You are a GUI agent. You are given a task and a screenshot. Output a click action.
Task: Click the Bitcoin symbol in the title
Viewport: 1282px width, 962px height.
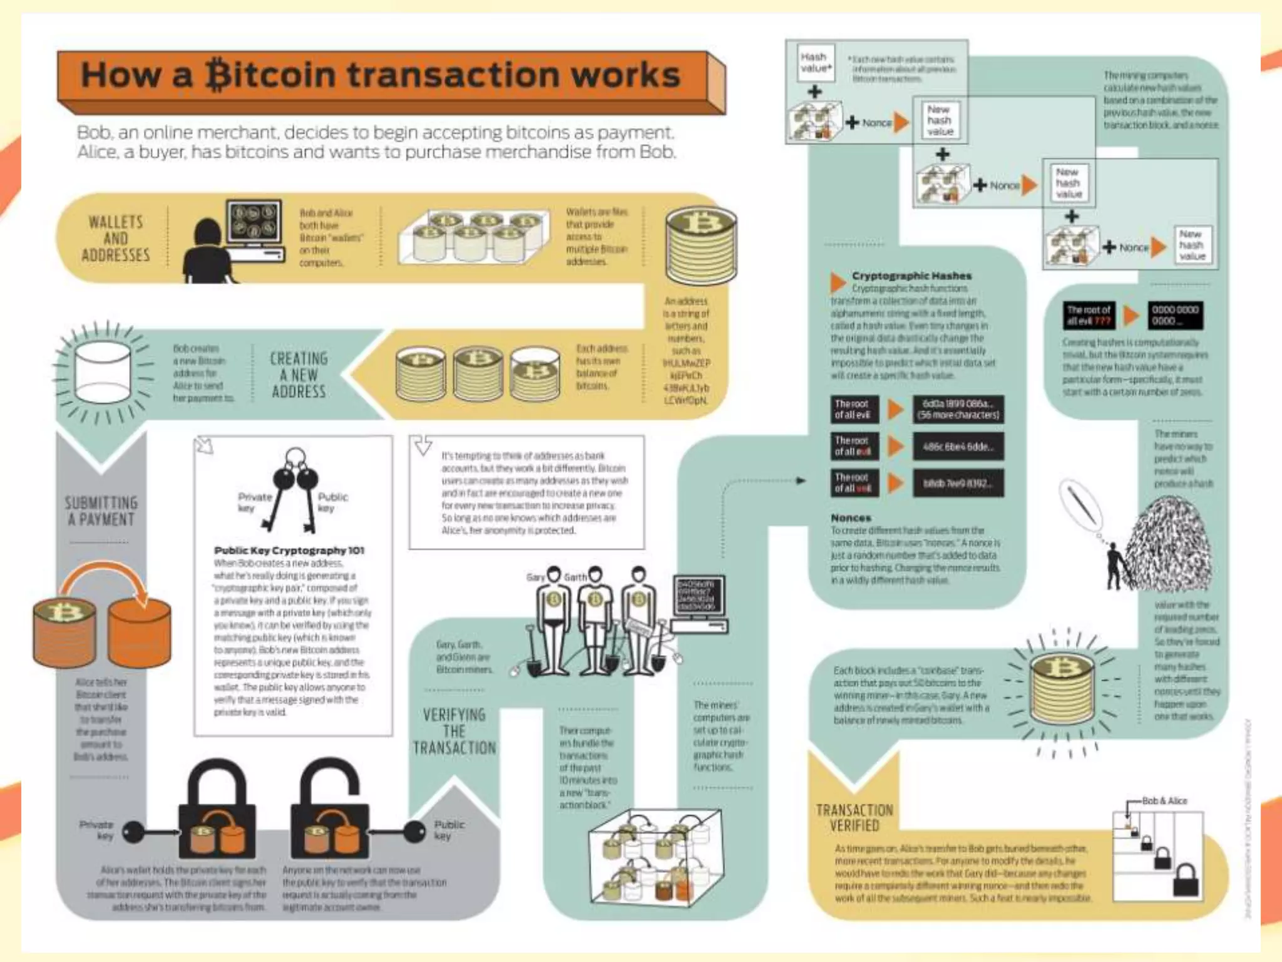click(217, 75)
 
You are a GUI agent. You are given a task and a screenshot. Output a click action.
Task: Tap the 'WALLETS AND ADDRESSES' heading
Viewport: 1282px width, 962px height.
click(116, 239)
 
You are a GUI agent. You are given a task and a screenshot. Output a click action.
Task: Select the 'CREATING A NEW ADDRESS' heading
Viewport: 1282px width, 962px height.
click(299, 375)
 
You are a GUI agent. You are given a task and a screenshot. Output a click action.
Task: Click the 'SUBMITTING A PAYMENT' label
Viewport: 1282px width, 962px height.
click(101, 511)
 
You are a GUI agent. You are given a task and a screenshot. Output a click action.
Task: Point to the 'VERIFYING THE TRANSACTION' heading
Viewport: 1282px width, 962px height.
click(454, 731)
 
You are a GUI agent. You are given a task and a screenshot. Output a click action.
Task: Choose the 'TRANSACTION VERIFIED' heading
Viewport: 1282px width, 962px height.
click(854, 817)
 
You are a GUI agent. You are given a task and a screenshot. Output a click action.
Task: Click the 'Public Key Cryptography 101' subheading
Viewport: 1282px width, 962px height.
click(289, 551)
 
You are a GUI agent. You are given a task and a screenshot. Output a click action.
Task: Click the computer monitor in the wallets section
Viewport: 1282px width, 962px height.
click(254, 221)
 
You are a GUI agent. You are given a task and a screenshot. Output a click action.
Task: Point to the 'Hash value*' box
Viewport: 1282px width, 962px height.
click(815, 62)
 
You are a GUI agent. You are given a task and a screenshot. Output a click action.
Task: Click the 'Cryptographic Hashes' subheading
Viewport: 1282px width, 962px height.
click(911, 276)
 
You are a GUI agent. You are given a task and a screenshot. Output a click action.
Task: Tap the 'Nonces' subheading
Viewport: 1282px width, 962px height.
click(851, 518)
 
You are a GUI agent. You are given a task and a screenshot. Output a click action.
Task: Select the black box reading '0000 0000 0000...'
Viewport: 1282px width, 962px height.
click(1175, 315)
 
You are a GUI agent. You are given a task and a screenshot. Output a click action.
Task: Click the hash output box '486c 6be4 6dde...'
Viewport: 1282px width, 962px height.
click(958, 447)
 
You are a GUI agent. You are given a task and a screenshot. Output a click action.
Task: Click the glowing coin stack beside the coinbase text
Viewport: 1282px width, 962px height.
click(1062, 689)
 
